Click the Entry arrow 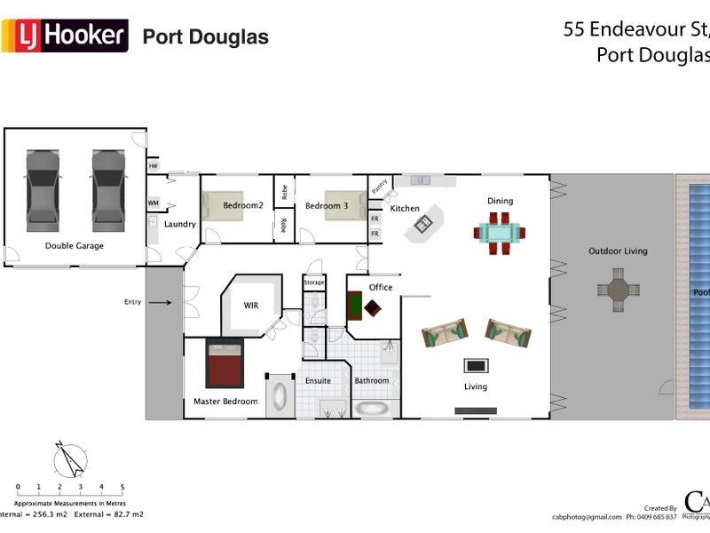coord(160,302)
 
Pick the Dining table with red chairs coord(499,233)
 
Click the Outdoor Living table coord(617,290)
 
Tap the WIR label coord(251,306)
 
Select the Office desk coord(355,305)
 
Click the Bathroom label coord(372,381)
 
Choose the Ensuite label coord(318,381)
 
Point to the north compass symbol coord(70,460)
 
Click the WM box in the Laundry coord(153,203)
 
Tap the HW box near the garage coord(153,166)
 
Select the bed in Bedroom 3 coord(341,205)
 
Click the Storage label coord(314,282)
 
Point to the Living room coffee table coord(476,365)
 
